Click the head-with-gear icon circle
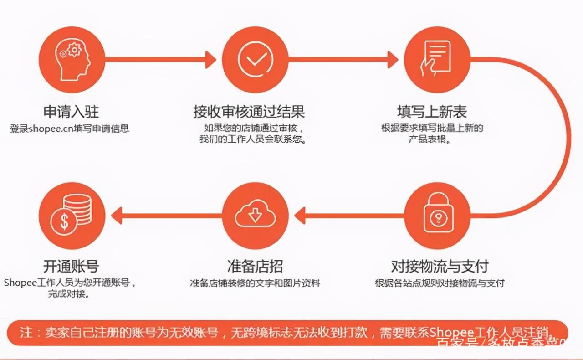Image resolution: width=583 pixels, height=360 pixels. (x=72, y=59)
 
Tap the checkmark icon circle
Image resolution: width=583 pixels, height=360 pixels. (x=255, y=59)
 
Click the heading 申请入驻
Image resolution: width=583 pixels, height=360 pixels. (x=71, y=112)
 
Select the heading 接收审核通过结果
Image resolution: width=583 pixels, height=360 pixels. (x=249, y=112)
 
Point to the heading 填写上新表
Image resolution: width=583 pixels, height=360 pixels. (x=431, y=112)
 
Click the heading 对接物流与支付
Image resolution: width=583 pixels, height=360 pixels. (x=440, y=266)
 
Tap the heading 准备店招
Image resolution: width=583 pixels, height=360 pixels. (x=255, y=266)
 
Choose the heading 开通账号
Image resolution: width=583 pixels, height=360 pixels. (x=71, y=266)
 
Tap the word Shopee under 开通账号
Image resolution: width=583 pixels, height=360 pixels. (x=20, y=283)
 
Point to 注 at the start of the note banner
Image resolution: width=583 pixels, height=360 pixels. (x=26, y=332)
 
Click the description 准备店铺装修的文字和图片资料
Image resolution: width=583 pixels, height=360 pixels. (x=255, y=283)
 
